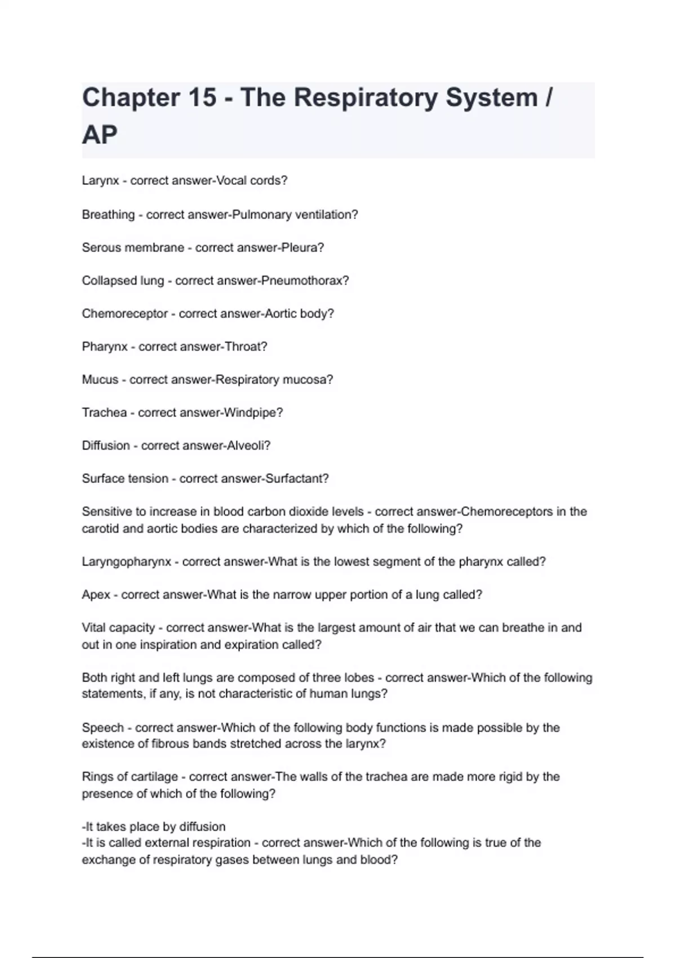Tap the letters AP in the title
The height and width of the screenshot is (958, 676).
pos(100,135)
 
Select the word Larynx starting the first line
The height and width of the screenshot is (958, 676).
pos(100,181)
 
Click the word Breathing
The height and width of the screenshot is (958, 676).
pos(108,215)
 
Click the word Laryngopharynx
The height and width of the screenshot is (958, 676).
pos(126,562)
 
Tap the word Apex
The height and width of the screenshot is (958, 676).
pos(96,595)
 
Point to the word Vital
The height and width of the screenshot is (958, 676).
pos(94,628)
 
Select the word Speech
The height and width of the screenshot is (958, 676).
pos(103,728)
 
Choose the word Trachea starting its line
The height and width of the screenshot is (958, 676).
pos(104,413)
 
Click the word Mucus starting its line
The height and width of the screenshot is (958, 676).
pos(100,380)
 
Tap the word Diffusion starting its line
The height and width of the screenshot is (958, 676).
pos(106,446)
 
